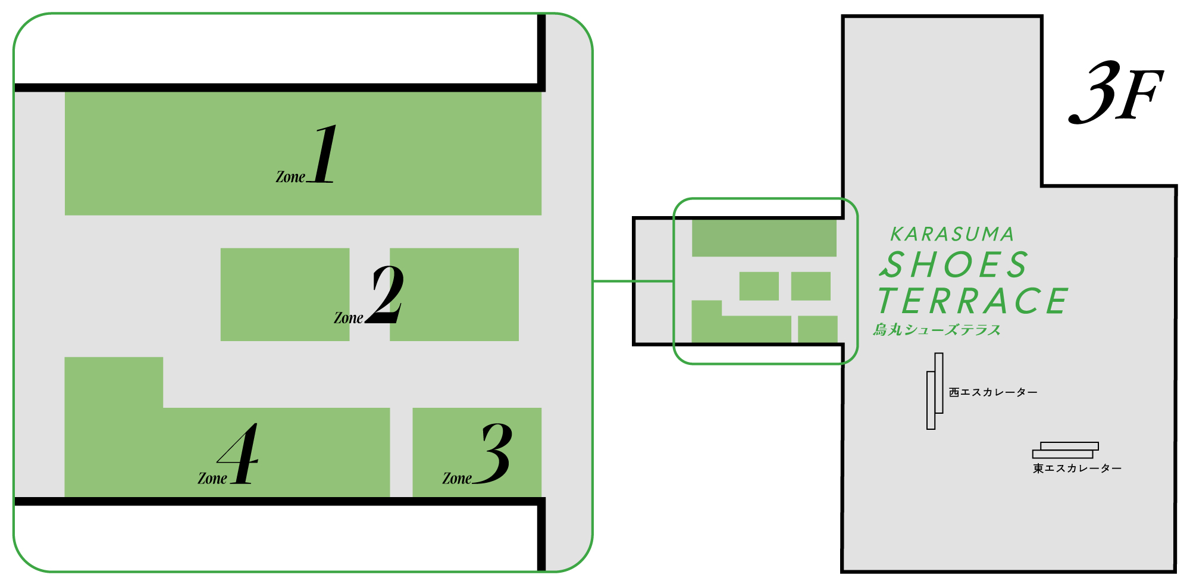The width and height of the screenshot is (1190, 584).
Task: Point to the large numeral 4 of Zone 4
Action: (239, 454)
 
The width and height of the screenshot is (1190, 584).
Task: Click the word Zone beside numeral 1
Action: (290, 177)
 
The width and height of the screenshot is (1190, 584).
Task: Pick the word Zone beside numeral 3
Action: (456, 479)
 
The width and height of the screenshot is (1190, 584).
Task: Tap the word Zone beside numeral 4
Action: (212, 479)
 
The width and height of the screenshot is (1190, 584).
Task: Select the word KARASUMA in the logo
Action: (952, 235)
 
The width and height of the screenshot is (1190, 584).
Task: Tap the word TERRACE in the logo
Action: (973, 301)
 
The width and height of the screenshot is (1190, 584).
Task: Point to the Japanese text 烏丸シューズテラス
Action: (937, 330)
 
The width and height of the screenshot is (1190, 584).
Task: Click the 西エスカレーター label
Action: (993, 392)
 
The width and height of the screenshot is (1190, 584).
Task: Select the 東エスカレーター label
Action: (1077, 469)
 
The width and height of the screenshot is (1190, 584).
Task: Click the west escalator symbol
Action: (934, 391)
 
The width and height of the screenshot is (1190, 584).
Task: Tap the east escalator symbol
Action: (1066, 450)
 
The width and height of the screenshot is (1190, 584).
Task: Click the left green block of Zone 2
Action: (284, 294)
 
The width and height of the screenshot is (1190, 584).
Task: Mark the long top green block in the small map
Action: (764, 238)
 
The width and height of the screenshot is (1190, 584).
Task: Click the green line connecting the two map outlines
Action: (633, 281)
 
